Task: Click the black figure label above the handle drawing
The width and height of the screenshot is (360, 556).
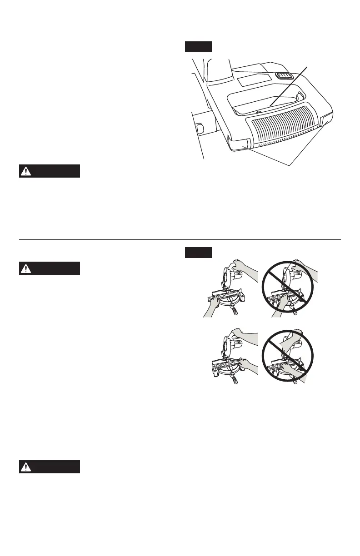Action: pos(199,47)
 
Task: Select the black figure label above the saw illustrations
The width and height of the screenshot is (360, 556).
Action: pos(199,252)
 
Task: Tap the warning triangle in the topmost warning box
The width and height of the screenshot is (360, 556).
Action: pos(27,171)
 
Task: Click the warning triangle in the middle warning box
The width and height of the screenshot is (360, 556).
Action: pos(27,269)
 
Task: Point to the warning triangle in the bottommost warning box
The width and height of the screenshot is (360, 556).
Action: pos(27,467)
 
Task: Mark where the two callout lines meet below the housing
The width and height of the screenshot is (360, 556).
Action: pos(290,164)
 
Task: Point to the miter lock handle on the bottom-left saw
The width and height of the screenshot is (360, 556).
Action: pos(235,380)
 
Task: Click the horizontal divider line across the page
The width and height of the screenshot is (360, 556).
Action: pos(180,239)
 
